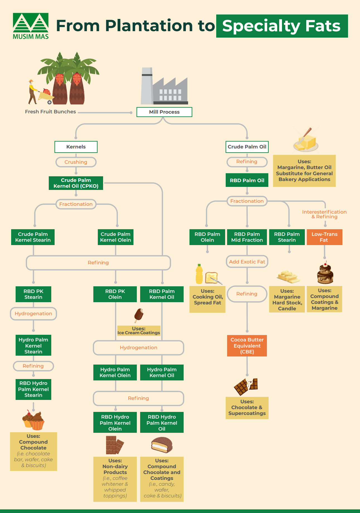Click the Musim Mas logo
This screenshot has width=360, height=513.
click(x=31, y=26)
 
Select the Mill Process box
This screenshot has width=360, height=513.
click(x=164, y=112)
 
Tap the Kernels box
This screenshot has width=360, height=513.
click(x=76, y=147)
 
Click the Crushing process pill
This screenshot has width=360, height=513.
click(x=76, y=162)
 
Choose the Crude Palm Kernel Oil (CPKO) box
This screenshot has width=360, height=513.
click(x=76, y=183)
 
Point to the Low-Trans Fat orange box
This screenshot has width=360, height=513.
click(x=324, y=237)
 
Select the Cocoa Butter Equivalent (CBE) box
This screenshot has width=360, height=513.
click(x=247, y=346)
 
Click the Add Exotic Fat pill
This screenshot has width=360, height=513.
click(x=247, y=262)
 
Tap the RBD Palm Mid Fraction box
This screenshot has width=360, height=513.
click(x=247, y=237)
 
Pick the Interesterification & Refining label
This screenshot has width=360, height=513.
click(x=324, y=214)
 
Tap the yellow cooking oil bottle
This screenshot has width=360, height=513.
click(x=199, y=274)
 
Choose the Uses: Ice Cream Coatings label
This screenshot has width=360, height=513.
click(x=139, y=331)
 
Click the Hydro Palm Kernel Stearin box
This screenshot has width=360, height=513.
click(x=33, y=345)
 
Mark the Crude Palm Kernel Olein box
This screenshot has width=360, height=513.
click(x=115, y=237)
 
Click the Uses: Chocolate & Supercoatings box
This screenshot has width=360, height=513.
click(x=247, y=408)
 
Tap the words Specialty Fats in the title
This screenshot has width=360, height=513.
click(x=282, y=26)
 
